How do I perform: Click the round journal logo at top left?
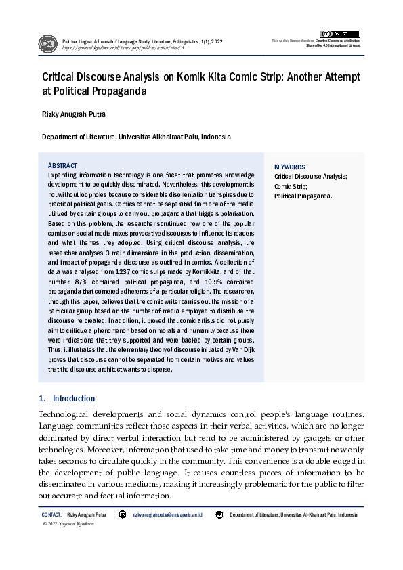tap(48, 44)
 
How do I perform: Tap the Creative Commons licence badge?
tap(339, 33)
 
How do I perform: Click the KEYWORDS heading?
tap(289, 167)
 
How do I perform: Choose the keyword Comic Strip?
tap(291, 186)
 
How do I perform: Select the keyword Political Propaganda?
tap(303, 196)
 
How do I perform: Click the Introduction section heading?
tap(74, 399)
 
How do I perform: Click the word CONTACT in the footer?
tap(51, 515)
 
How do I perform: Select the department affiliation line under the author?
tap(136, 137)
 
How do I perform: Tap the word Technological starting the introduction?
tap(69, 414)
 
